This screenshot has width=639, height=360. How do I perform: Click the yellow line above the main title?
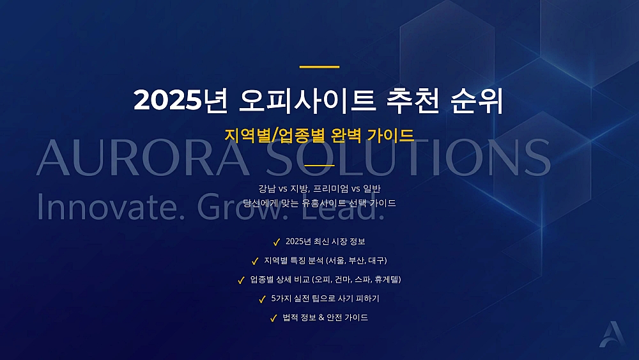319,67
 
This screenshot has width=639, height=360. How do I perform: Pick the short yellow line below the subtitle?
319,165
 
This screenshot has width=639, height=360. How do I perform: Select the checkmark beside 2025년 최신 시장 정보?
277,242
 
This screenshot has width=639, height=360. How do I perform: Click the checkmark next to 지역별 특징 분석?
255,261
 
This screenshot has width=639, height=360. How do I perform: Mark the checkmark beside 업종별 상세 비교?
241,280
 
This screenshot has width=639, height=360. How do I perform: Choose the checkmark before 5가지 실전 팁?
262,299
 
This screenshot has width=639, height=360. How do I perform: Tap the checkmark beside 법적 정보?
273,318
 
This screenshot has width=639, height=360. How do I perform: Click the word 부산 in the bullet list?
358,261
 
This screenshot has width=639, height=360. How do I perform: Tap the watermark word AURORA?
141,157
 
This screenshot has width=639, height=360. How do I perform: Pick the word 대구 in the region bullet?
377,261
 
